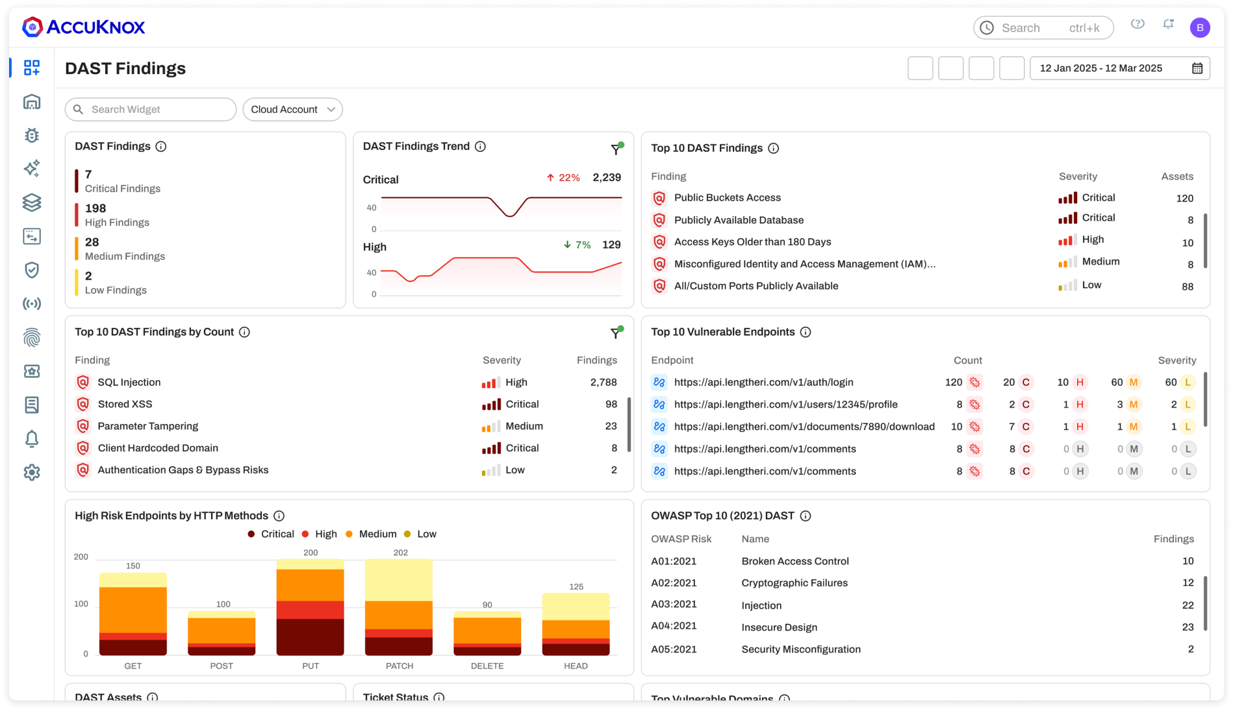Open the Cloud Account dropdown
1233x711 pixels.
click(x=292, y=109)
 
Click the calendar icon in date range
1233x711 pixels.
click(x=1197, y=68)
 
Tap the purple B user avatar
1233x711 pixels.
click(x=1199, y=28)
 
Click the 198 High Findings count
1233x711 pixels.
click(x=95, y=208)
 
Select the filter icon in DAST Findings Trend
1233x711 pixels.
click(x=616, y=149)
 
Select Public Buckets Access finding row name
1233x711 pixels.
click(x=727, y=198)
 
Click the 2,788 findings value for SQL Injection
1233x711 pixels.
click(x=603, y=382)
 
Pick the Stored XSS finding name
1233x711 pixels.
click(x=125, y=404)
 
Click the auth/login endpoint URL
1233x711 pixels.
click(x=763, y=382)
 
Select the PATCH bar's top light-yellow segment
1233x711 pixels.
click(x=398, y=579)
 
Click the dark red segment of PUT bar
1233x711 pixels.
click(x=310, y=636)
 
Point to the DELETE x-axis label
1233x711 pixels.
click(x=487, y=666)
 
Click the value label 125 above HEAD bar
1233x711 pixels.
click(x=576, y=586)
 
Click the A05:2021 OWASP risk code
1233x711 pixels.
click(x=674, y=649)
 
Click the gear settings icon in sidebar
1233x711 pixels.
click(x=32, y=473)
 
